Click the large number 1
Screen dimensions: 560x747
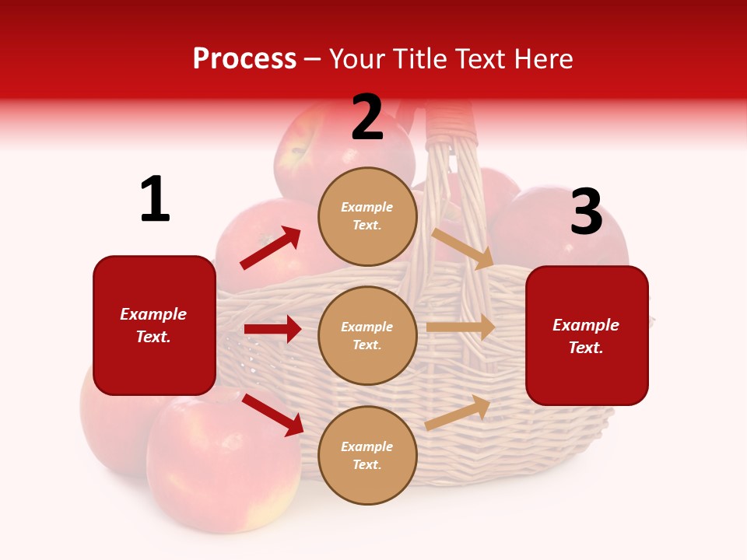(155, 200)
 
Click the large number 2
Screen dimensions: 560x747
(367, 117)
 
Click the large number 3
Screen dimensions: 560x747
(586, 212)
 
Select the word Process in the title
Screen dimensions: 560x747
(244, 58)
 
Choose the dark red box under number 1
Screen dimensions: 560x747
(154, 325)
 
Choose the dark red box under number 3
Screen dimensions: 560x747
(587, 335)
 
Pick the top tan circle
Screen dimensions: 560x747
(367, 215)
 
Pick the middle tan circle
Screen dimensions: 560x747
(367, 335)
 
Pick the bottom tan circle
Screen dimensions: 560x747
(367, 455)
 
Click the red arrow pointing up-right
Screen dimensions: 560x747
(271, 248)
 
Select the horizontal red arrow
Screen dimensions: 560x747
(272, 329)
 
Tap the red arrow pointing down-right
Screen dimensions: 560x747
(272, 415)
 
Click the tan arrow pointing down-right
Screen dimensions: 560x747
(463, 249)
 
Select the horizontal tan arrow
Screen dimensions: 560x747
(461, 327)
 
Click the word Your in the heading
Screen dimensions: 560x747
(357, 58)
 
